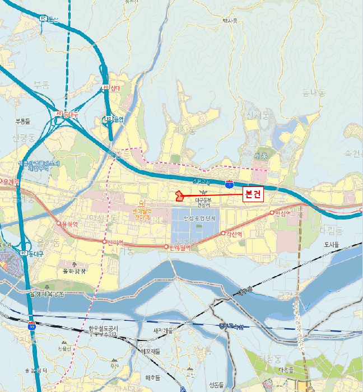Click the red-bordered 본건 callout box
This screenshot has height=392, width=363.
point(253,195)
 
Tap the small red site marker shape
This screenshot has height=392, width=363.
point(179,195)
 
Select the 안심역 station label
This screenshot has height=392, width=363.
point(282,213)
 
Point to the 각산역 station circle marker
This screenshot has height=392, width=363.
point(223,233)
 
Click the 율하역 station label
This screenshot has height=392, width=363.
point(71,225)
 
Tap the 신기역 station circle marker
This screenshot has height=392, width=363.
point(104,241)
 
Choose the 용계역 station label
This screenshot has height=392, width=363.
point(11,182)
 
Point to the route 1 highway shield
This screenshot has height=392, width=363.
point(229,184)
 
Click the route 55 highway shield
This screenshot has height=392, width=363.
point(32,324)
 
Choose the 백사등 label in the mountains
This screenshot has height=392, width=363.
point(230,21)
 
